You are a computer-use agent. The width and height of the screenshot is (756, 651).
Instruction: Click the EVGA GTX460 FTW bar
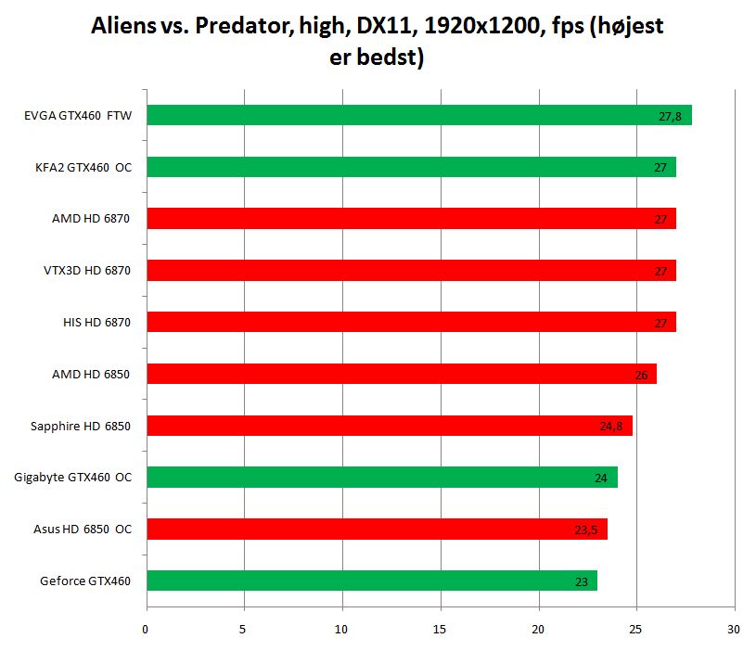coord(417,115)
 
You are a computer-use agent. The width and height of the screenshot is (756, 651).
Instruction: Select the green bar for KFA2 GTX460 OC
coord(408,167)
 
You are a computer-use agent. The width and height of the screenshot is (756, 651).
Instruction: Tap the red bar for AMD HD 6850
coord(399,374)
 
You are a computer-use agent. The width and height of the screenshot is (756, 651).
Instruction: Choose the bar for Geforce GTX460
coord(371,581)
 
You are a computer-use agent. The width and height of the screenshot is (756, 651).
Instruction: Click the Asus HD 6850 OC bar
coord(376,530)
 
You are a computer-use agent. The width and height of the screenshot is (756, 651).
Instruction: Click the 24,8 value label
coord(611,427)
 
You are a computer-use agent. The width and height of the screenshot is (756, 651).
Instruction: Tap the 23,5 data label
coord(586,530)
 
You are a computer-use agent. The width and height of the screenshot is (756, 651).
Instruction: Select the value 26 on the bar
coord(641,375)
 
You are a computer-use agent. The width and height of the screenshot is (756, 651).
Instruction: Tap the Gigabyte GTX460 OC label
coord(73,478)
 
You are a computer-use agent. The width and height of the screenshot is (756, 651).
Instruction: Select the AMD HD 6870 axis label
coord(91,219)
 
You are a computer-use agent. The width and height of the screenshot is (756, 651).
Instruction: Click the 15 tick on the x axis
coord(441,629)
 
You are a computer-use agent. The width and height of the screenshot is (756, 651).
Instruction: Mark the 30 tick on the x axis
coord(735,629)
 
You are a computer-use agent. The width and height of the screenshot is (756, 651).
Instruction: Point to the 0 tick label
coord(147,629)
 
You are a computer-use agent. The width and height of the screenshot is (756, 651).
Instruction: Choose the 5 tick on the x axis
coord(244,629)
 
